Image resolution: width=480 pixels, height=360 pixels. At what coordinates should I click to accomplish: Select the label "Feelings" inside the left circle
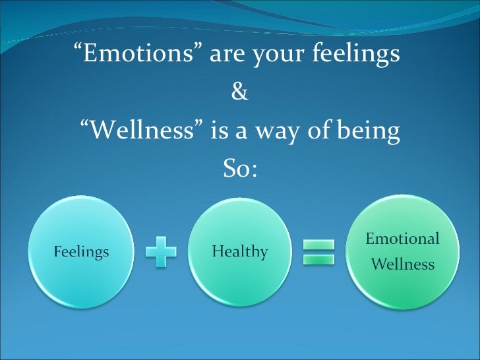tap(81, 252)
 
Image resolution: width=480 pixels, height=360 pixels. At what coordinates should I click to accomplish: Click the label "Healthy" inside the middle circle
tap(240, 252)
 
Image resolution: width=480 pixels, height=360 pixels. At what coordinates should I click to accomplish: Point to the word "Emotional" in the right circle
tap(402, 239)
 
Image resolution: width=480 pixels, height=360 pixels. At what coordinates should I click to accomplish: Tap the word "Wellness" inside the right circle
tap(403, 265)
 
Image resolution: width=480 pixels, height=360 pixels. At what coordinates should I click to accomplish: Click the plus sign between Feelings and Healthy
tap(161, 252)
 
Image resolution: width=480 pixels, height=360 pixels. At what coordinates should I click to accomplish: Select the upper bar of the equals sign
tap(318, 245)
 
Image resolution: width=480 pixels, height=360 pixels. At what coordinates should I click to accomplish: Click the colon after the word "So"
tap(253, 171)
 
